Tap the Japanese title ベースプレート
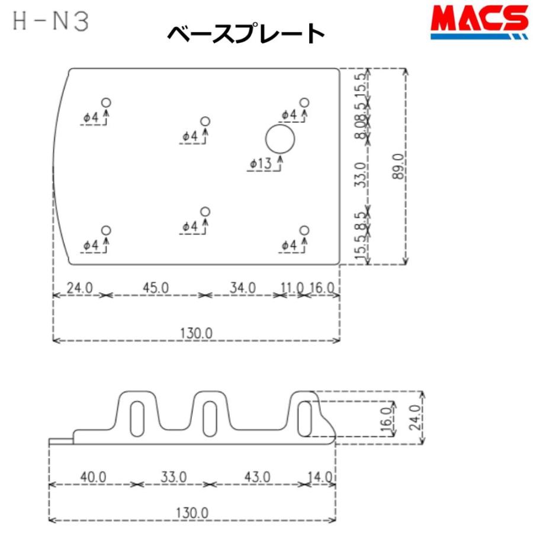click(246, 34)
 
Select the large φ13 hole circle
click(280, 140)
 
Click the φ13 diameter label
click(264, 164)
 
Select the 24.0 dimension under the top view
click(79, 288)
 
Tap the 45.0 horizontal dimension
click(155, 288)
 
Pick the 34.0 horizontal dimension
click(242, 288)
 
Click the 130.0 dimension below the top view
click(196, 333)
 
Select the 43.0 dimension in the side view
click(256, 477)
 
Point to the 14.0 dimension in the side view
click(320, 477)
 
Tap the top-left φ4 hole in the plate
click(106, 102)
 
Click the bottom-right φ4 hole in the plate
click(304, 230)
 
